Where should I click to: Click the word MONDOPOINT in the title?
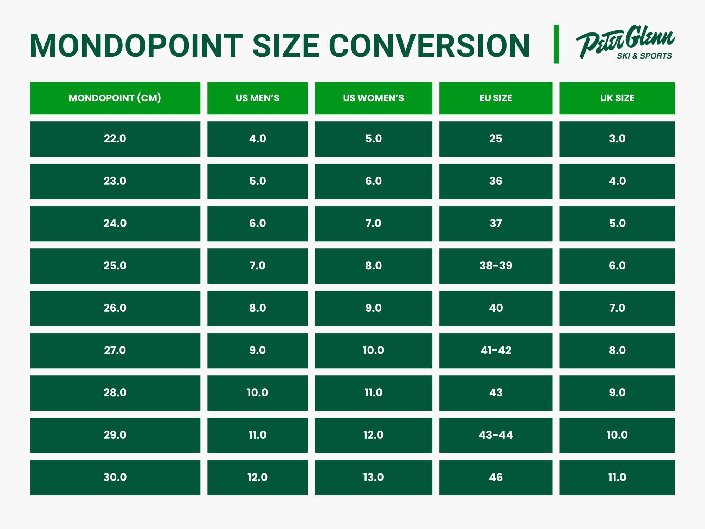pos(136,45)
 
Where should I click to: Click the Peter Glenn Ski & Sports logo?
pos(625,42)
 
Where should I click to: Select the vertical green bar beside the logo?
pos(556,44)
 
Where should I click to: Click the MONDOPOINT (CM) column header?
pos(115,98)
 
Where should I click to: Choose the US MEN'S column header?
pos(257,98)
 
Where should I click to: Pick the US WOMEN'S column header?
pos(373,98)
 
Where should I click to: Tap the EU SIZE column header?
pos(496,98)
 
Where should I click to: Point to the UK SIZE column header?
pos(617,98)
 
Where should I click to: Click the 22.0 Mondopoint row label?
pos(115,139)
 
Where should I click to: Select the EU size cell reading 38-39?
pos(496,266)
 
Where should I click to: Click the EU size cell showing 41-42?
pos(496,351)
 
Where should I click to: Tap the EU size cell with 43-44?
pos(496,435)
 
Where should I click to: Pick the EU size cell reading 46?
pos(496,478)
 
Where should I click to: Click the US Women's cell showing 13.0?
pos(373,478)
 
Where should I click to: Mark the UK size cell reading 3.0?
pos(617,139)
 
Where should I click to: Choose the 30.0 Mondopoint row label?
pos(115,478)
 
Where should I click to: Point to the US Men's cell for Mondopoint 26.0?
pos(257,308)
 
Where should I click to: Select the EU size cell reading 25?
pos(496,139)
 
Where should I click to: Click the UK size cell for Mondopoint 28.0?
pos(617,393)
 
